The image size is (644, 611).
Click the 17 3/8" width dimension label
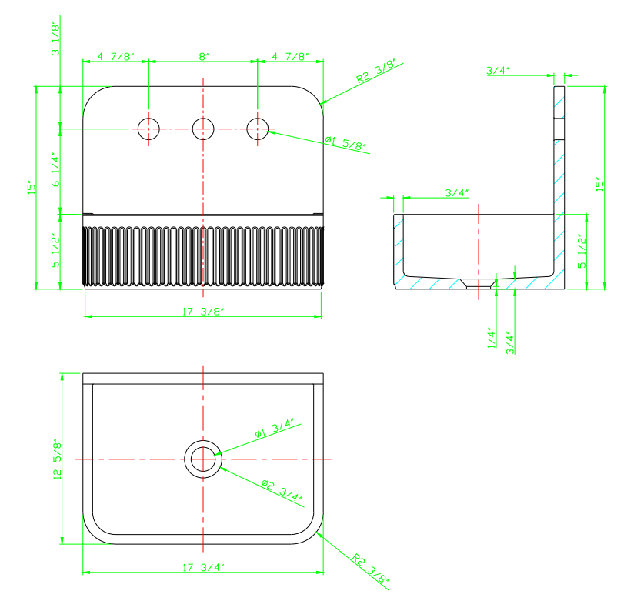pyautogui.click(x=203, y=312)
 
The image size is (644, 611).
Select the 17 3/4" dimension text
pyautogui.click(x=203, y=567)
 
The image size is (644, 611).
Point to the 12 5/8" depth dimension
pyautogui.click(x=58, y=459)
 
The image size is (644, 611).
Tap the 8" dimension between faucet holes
pyautogui.click(x=204, y=56)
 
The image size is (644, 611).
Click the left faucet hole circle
pyautogui.click(x=148, y=129)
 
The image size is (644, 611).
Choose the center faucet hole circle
pyautogui.click(x=203, y=129)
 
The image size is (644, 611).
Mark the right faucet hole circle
pyautogui.click(x=258, y=129)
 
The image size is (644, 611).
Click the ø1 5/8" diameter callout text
pyautogui.click(x=345, y=143)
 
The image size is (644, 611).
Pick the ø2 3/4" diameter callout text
pyautogui.click(x=282, y=490)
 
